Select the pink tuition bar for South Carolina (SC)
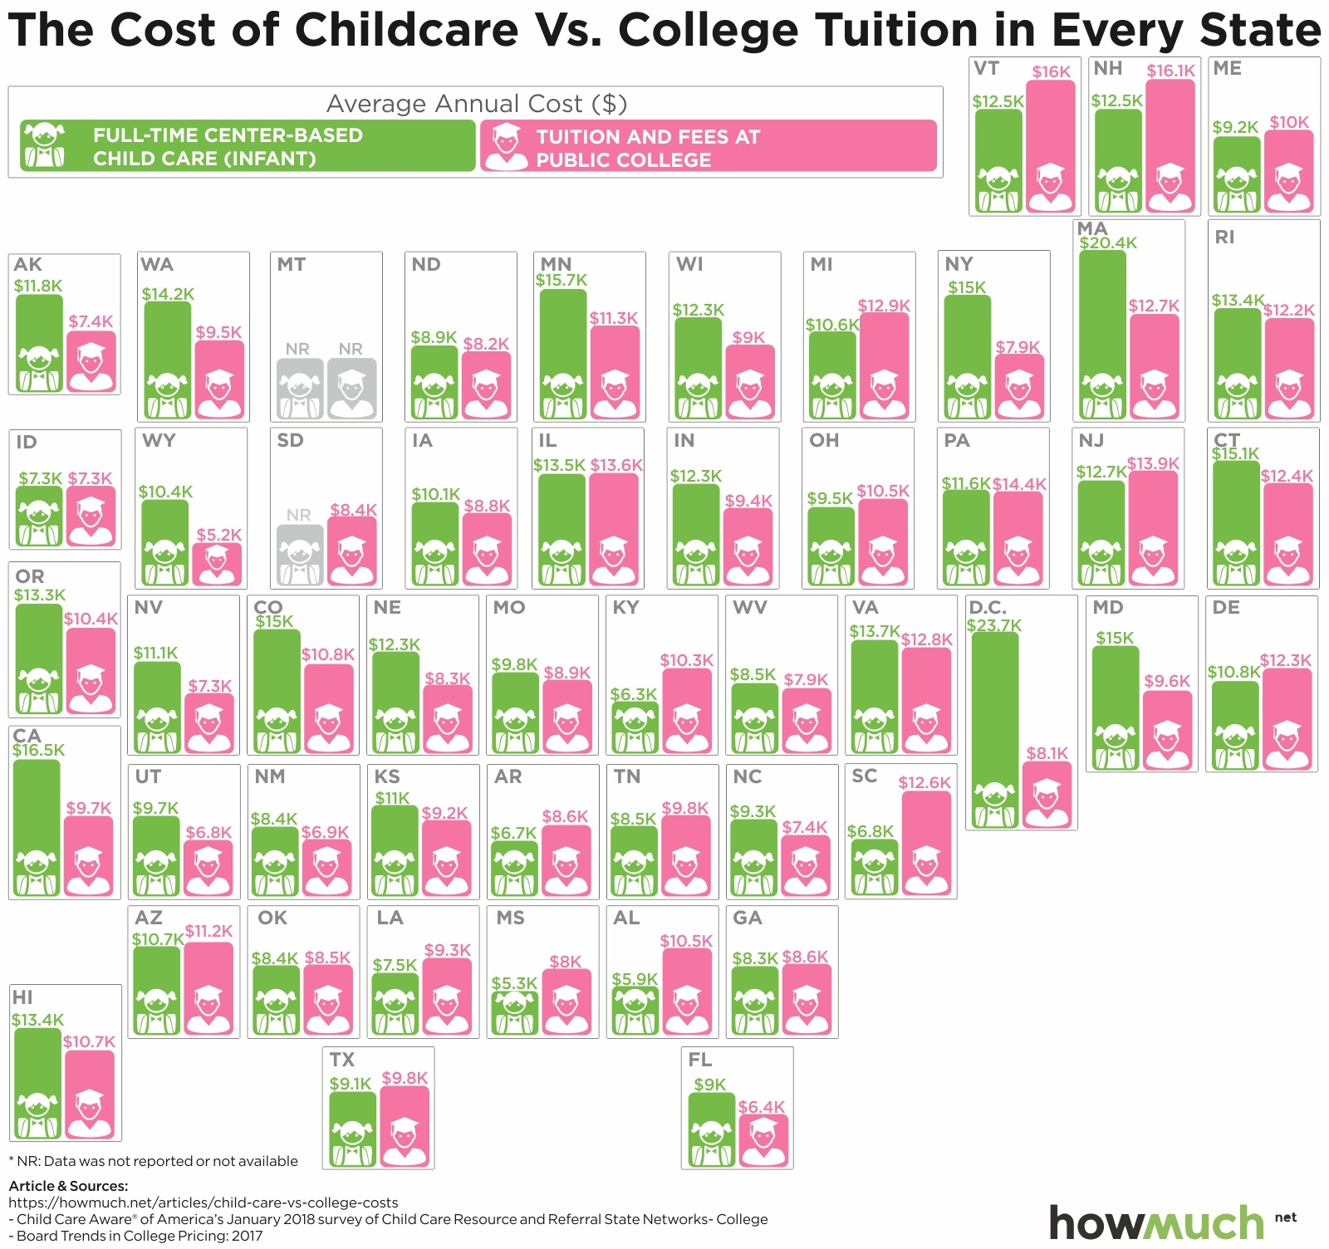(x=926, y=842)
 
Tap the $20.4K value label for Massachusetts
(x=1108, y=243)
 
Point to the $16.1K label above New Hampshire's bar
(x=1170, y=71)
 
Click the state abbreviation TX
(x=342, y=1060)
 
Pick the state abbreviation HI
(x=22, y=997)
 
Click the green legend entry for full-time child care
(x=248, y=146)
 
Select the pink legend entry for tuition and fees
(x=708, y=147)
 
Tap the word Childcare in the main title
(x=407, y=30)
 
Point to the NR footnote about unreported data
(x=153, y=1161)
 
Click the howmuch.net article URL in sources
(x=204, y=1202)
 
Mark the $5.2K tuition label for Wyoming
(x=219, y=535)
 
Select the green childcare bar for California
(x=37, y=827)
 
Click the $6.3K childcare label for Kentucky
(x=634, y=694)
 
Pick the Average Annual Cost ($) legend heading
(x=476, y=104)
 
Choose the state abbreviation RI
(x=1224, y=238)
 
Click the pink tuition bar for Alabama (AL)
(x=687, y=992)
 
